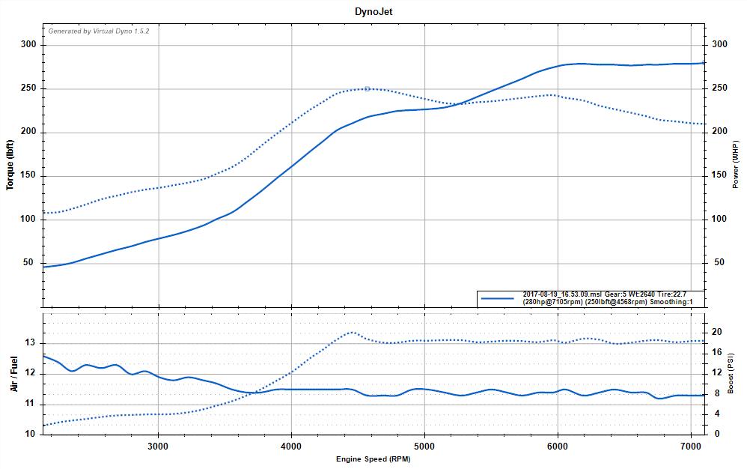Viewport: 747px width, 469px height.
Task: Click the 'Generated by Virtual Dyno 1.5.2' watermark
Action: pyautogui.click(x=94, y=31)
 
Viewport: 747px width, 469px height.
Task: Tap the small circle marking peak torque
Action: pyautogui.click(x=367, y=88)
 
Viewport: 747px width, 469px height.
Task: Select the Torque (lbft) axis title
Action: pyautogui.click(x=10, y=164)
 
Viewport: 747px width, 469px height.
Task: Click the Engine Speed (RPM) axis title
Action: pyautogui.click(x=373, y=457)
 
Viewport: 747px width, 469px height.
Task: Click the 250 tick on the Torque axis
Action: pyautogui.click(x=28, y=88)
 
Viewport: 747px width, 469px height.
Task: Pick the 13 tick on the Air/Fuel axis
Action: pyautogui.click(x=31, y=343)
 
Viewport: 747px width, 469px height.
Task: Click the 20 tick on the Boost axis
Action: pyautogui.click(x=716, y=332)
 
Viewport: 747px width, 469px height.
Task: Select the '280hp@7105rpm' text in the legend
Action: pyautogui.click(x=551, y=302)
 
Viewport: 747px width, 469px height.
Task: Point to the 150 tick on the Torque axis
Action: pyautogui.click(x=28, y=176)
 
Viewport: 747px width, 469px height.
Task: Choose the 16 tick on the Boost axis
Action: pyautogui.click(x=716, y=352)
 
